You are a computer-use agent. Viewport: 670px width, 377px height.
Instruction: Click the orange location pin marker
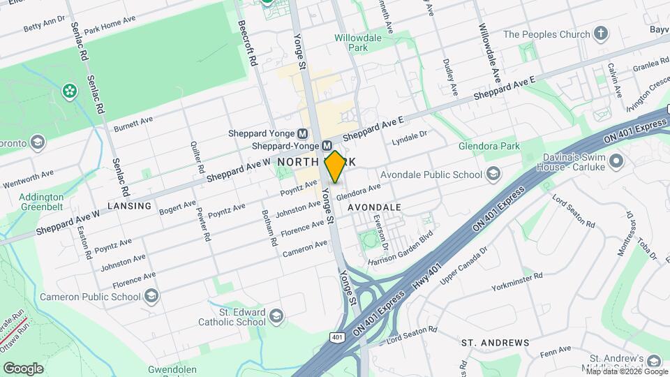point(335,166)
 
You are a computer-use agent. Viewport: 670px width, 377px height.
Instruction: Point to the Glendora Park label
point(489,147)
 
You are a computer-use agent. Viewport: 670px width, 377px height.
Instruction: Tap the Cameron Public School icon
point(151,297)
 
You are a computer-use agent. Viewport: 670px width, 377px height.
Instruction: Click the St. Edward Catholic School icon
point(277,316)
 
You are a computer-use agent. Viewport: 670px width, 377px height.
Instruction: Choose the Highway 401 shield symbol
point(337,338)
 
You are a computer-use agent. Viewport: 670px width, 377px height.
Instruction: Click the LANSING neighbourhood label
point(130,206)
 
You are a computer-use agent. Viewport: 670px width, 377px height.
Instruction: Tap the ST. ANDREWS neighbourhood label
point(496,343)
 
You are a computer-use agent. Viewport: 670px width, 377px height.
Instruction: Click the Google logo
point(23,368)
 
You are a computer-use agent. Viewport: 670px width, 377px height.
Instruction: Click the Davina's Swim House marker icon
point(616,162)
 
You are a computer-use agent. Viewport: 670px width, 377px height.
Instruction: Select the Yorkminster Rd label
point(516,281)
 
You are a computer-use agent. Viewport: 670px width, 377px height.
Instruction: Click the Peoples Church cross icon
point(601,34)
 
